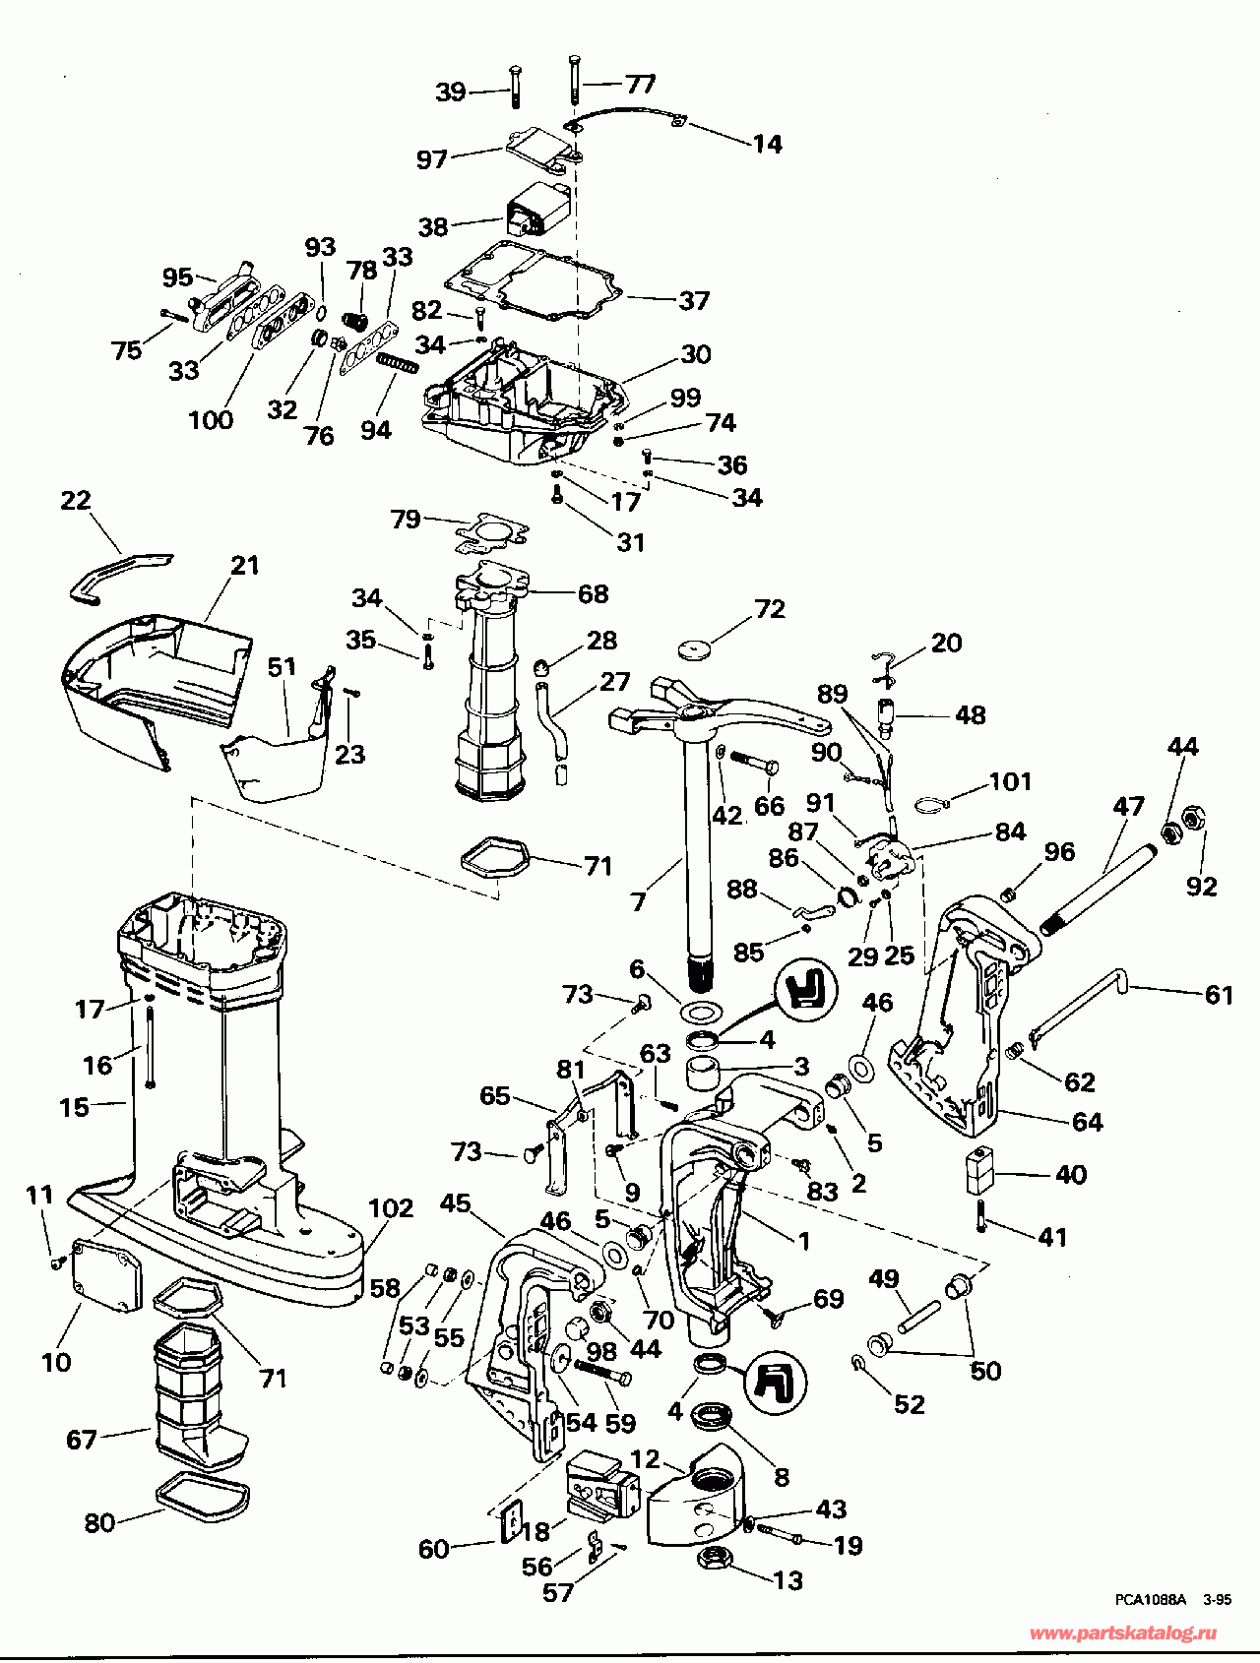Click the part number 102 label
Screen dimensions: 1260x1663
click(391, 1207)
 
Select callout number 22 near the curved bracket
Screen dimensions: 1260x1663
click(76, 501)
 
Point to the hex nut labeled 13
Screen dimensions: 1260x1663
click(713, 1558)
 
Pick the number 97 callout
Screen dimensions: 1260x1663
click(432, 158)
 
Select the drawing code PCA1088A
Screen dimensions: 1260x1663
click(1152, 1600)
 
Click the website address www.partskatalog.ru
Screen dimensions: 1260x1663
click(1122, 1633)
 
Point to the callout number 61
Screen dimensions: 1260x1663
click(1219, 995)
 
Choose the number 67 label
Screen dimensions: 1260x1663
click(82, 1440)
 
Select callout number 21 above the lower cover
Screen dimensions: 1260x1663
click(245, 565)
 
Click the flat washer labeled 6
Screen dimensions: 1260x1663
click(700, 1012)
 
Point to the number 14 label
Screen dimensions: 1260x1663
click(768, 144)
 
